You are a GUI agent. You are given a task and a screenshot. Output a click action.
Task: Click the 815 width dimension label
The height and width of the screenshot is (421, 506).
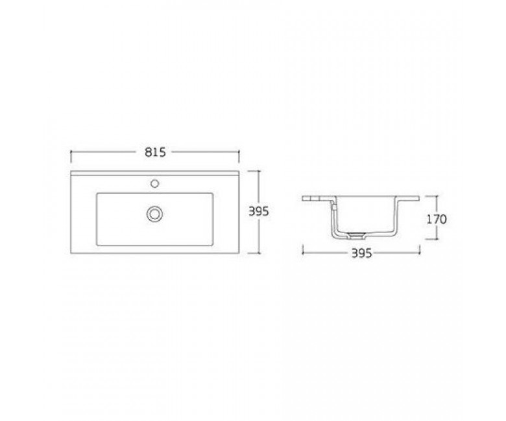click(155, 152)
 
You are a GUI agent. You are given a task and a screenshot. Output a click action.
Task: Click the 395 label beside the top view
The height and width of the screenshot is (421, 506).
click(258, 212)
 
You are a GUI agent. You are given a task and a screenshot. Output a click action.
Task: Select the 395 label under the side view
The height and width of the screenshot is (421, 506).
click(361, 254)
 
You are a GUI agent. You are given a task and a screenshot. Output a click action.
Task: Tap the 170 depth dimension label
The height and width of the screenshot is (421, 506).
click(437, 220)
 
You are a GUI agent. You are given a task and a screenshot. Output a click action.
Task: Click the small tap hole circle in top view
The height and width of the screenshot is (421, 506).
click(155, 183)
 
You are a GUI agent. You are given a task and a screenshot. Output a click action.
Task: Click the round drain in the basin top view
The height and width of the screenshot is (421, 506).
click(154, 214)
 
